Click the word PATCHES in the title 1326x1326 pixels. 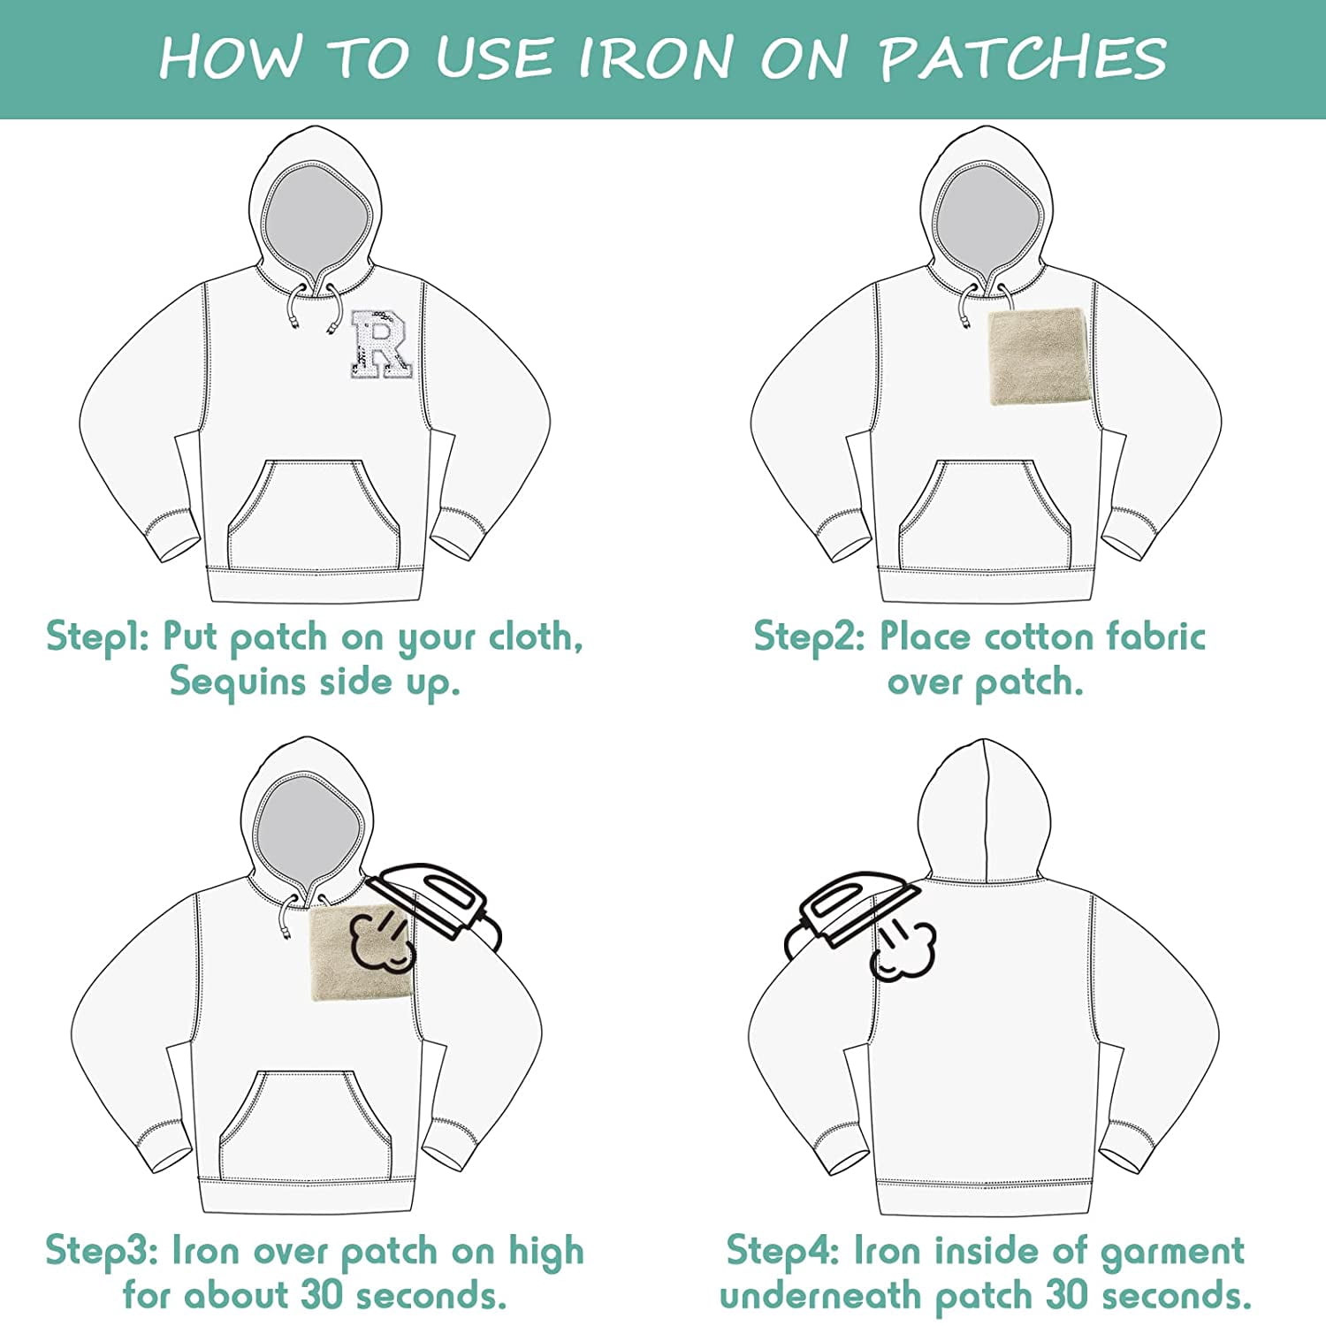pyautogui.click(x=1024, y=58)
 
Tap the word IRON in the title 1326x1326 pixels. pyautogui.click(x=655, y=58)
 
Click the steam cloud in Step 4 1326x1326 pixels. pyautogui.click(x=902, y=950)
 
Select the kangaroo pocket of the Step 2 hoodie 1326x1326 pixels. pyautogui.click(x=985, y=516)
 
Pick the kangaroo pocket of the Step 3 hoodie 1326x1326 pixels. pyautogui.click(x=304, y=1127)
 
